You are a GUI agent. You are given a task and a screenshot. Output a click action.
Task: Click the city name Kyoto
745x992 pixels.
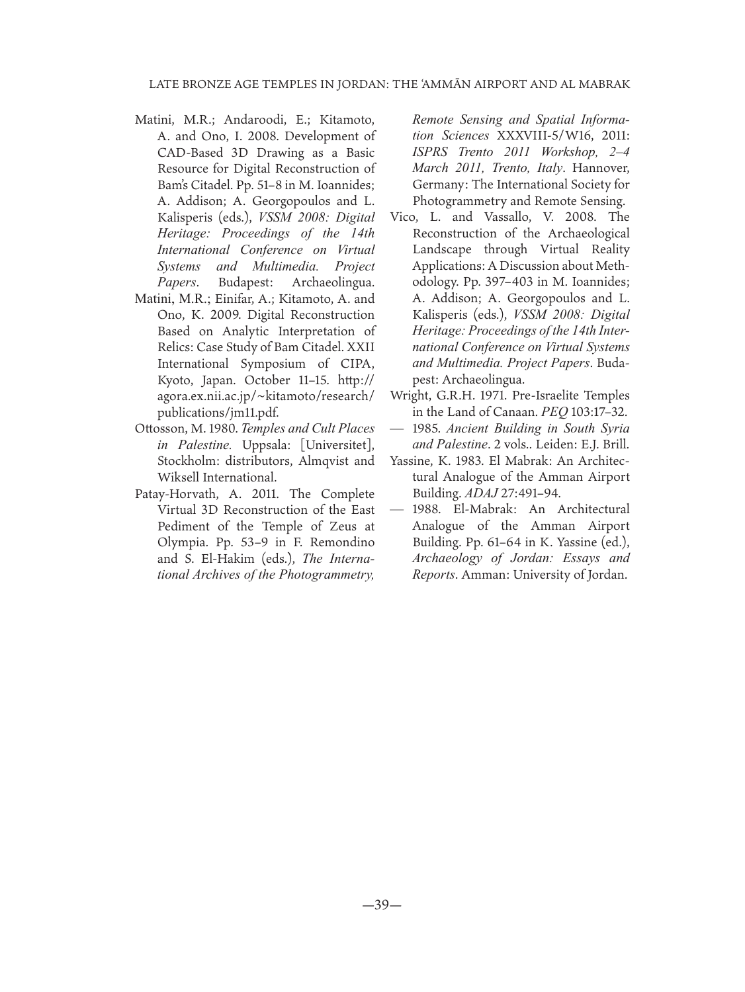173,380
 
